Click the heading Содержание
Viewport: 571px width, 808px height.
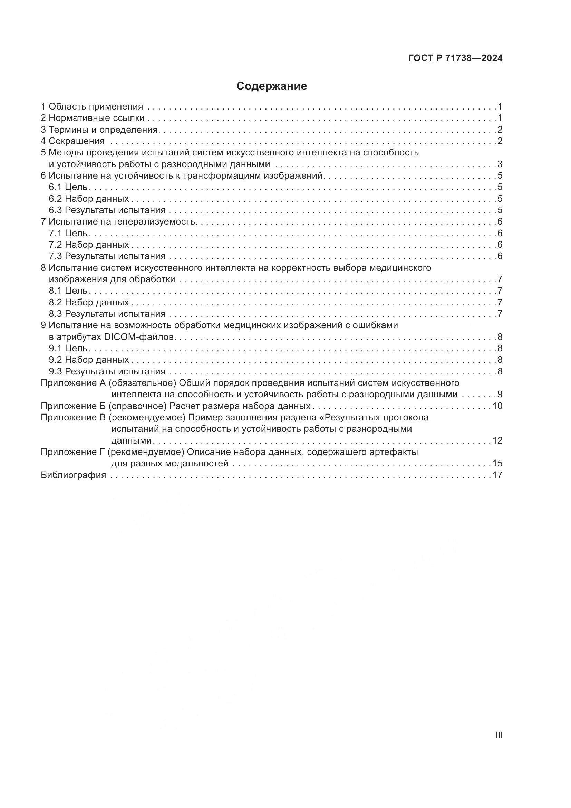tap(271, 86)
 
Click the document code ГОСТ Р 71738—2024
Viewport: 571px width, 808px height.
tap(455, 58)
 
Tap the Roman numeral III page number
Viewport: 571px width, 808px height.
tap(499, 735)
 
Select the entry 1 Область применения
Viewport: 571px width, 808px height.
tap(92, 106)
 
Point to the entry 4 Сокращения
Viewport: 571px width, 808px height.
tap(73, 141)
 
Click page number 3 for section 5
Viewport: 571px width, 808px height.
tap(500, 164)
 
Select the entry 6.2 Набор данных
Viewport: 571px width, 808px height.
tap(89, 199)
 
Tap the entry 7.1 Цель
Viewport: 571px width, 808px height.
tap(68, 233)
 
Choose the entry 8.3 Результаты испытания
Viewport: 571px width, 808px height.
tap(107, 314)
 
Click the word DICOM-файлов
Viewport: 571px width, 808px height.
tap(140, 337)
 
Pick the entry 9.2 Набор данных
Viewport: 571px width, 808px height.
tap(89, 360)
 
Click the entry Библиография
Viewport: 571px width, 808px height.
tap(74, 475)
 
